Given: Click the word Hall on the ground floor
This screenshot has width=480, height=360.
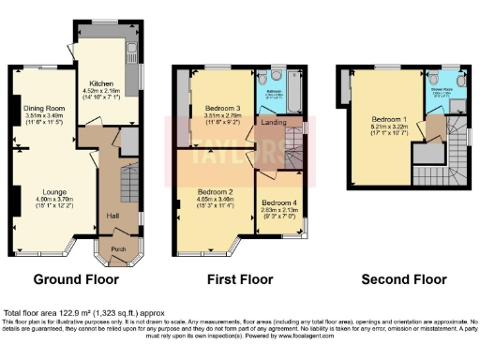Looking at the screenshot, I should click(x=113, y=216).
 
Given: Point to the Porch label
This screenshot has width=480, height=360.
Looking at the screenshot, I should click(x=119, y=248).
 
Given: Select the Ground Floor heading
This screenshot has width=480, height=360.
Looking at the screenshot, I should click(x=76, y=278).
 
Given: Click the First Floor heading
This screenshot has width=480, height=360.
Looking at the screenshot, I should click(x=238, y=278).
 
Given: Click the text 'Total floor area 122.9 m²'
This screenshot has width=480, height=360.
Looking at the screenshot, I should click(x=56, y=311).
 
